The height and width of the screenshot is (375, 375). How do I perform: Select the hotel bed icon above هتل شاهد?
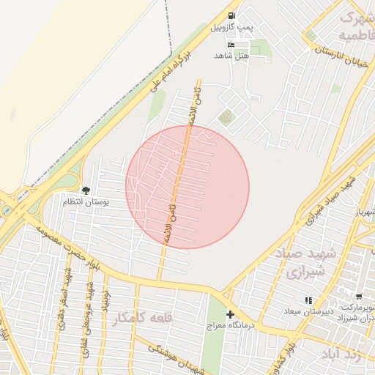click(232, 45)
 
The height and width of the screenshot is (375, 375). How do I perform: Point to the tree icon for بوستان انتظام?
click(86, 190)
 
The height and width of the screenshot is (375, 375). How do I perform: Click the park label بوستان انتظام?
click(86, 202)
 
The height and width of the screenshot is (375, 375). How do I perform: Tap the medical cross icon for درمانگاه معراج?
click(230, 313)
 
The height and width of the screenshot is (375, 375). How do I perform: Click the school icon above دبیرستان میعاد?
click(308, 300)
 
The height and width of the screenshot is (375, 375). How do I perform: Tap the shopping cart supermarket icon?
click(358, 297)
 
